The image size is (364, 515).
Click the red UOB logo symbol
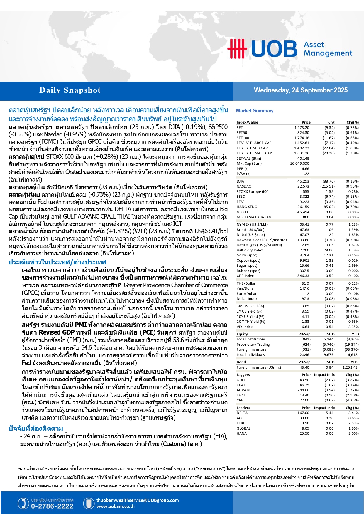pos(237,48)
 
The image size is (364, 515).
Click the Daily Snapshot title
pos(70,90)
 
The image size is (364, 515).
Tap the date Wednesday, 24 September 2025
pos(301,90)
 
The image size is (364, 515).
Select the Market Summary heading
pos(255,111)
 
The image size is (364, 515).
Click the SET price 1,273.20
pos(302,128)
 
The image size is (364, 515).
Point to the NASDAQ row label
pos(244,186)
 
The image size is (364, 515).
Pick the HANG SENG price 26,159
pos(303,207)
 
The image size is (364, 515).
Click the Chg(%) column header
pos(353,122)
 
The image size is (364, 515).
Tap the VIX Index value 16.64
pos(304,327)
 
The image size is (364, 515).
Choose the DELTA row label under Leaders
pos(242,413)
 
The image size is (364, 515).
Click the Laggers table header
pos(243,375)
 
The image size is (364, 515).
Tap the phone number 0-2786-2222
pos(52,506)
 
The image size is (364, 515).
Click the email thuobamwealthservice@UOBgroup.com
pos(138,500)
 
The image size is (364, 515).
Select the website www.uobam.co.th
pos(116,506)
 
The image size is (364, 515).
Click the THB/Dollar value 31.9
pos(305,283)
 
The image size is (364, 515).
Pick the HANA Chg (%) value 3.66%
pos(353,433)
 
